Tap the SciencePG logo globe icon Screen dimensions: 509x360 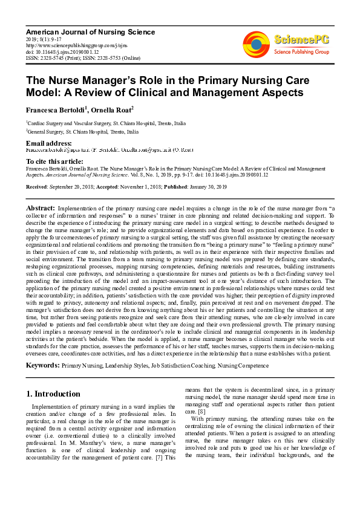pos(256,43)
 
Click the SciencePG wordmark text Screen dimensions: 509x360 pos(302,40)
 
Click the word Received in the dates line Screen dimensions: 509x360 pos(37,188)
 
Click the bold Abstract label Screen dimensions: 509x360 pos(41,208)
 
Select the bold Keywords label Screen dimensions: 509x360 pos(42,366)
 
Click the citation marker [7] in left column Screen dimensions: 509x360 pos(160,457)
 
